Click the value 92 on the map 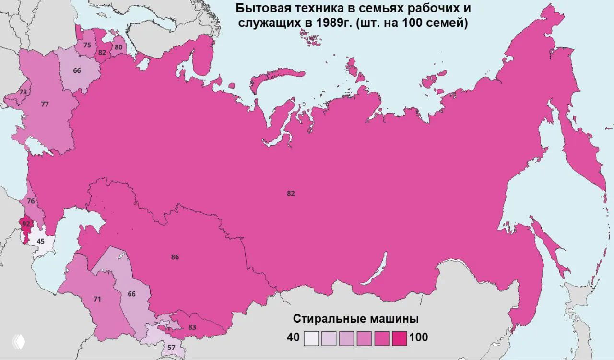[x=26, y=224]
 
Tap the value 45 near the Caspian [x=40, y=241]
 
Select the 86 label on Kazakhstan [x=175, y=257]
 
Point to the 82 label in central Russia [x=291, y=193]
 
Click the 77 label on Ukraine [x=45, y=104]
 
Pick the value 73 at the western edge [x=23, y=92]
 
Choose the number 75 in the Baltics [x=87, y=45]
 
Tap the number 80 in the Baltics [x=118, y=47]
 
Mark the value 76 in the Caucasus [x=31, y=201]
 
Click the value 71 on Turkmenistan [x=97, y=299]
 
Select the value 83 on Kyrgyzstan [x=192, y=327]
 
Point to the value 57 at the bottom [x=171, y=347]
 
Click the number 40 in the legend [x=293, y=337]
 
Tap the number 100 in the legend [x=418, y=337]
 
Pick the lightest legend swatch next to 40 [x=311, y=338]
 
